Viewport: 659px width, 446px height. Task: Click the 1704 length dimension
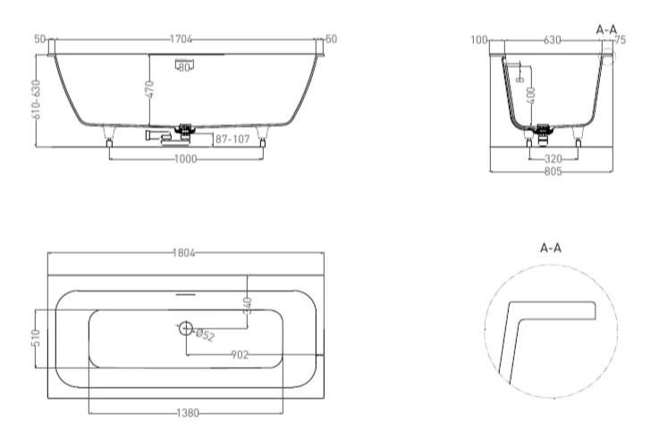coord(182,40)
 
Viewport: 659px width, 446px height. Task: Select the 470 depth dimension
coord(150,89)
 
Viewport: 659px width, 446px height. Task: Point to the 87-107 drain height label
coord(230,139)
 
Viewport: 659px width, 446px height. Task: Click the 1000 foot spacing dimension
coord(185,158)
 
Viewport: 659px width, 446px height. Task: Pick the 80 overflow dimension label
coord(185,67)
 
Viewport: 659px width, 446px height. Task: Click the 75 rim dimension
coord(621,40)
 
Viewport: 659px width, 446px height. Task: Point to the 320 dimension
coord(552,158)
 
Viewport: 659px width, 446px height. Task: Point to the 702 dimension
coord(240,355)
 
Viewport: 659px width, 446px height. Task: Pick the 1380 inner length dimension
coord(185,413)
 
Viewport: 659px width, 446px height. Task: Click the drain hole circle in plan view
coord(186,329)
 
